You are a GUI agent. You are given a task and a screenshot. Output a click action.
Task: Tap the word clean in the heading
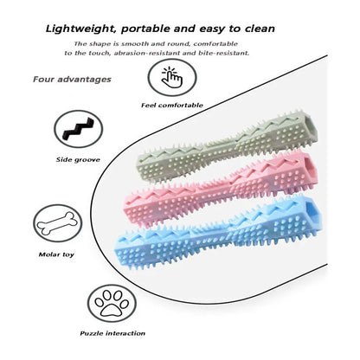click(260, 29)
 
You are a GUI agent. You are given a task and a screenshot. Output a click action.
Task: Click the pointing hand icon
click(172, 77)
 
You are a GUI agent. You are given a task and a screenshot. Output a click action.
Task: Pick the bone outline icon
click(58, 223)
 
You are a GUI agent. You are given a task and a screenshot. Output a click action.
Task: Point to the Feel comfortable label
click(172, 106)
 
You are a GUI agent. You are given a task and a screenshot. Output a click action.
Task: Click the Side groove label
click(78, 159)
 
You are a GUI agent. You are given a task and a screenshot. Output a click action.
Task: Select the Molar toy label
click(56, 254)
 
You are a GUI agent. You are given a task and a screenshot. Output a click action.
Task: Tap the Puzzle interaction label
click(112, 333)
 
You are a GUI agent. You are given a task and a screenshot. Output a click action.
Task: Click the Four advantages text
click(72, 80)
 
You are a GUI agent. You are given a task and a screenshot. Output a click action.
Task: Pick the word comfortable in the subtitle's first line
click(215, 44)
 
